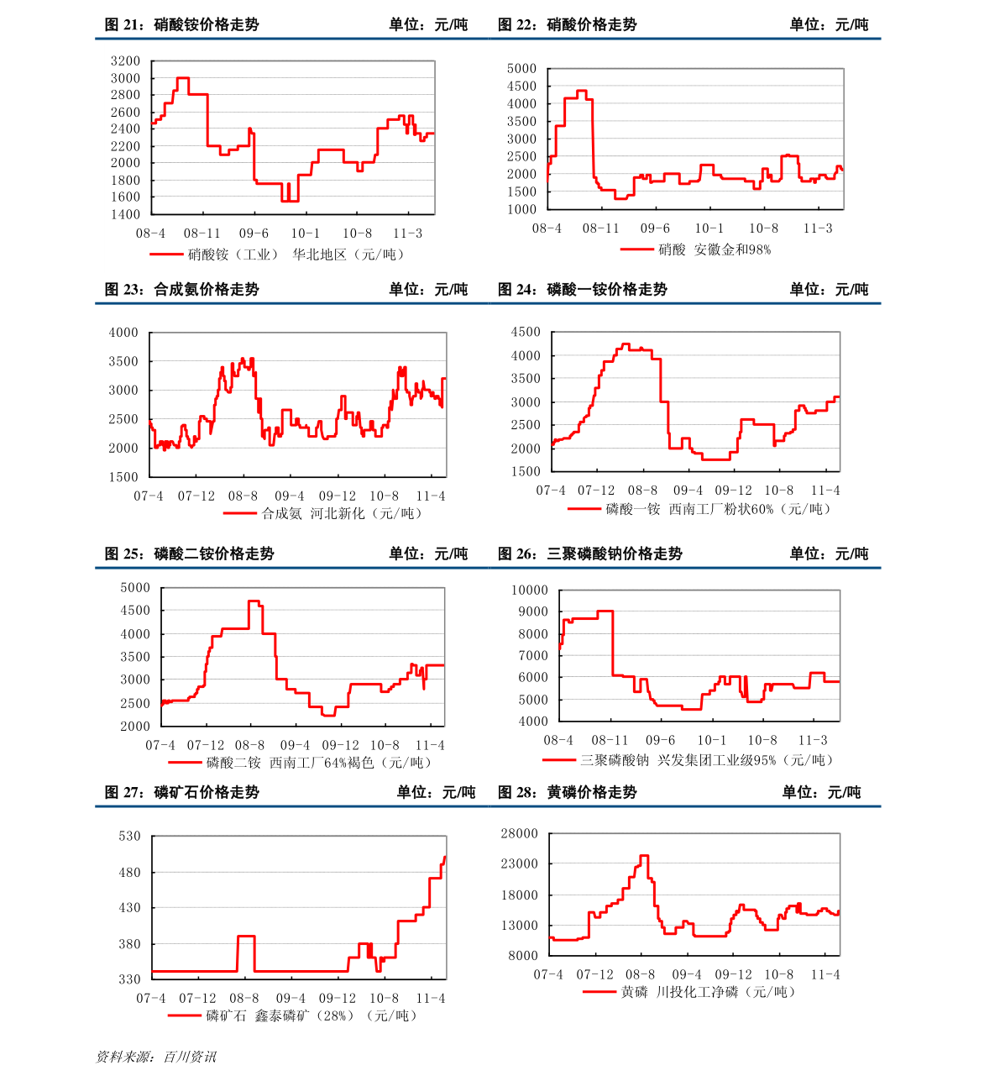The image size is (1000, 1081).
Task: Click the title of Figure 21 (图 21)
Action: click(x=181, y=24)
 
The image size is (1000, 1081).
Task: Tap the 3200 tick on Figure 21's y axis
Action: click(x=125, y=61)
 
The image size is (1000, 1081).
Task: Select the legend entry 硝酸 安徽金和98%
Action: click(x=715, y=249)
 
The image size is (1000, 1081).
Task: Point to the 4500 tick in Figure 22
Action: click(x=521, y=86)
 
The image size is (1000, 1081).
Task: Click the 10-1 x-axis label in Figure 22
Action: click(x=709, y=228)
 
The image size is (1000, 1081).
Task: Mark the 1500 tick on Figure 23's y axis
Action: click(x=123, y=477)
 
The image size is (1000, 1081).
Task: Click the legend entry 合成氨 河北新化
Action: click(x=341, y=513)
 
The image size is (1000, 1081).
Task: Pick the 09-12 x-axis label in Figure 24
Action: click(x=733, y=490)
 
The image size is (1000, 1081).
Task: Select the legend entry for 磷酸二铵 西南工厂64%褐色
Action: click(x=318, y=762)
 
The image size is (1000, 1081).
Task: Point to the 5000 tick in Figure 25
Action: click(x=135, y=587)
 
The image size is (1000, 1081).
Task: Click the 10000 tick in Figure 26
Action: click(x=530, y=590)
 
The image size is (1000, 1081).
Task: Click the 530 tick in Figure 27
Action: click(x=129, y=836)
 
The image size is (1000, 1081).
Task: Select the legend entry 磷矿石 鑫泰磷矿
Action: click(x=311, y=1015)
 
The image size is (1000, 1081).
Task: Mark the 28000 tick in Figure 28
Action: click(x=520, y=833)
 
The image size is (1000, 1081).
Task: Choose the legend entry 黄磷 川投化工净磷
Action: click(x=708, y=992)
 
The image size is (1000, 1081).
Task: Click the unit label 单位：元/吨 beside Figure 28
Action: click(x=821, y=792)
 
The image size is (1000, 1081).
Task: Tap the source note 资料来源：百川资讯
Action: click(x=156, y=1057)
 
